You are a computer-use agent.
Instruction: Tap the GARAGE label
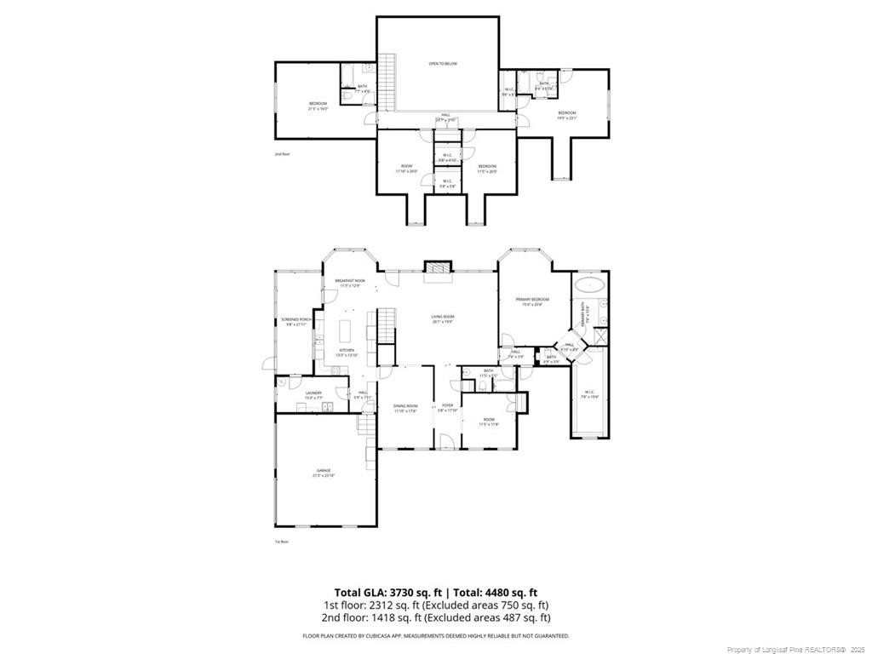(324, 469)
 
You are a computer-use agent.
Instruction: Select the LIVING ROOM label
(442, 317)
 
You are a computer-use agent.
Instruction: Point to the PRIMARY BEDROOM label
(532, 300)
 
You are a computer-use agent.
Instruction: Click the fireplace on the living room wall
(436, 267)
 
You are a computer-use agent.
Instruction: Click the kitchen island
(347, 328)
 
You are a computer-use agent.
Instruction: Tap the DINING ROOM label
(405, 405)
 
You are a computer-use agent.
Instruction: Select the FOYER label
(448, 405)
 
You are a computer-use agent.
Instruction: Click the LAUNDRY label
(313, 393)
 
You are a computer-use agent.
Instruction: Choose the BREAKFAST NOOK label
(350, 281)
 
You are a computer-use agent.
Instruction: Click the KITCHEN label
(347, 350)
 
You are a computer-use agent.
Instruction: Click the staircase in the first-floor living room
(386, 324)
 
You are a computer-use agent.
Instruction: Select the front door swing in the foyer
(445, 441)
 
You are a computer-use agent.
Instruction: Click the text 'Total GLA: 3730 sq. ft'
(387, 593)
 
